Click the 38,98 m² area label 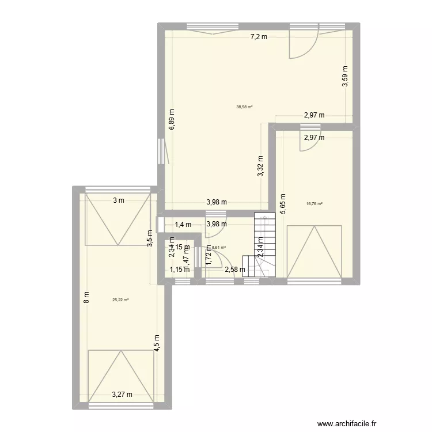click(244, 107)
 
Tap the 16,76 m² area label click(316, 203)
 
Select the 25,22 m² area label click(120, 300)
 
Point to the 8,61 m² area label click(219, 248)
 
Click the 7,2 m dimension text click(259, 37)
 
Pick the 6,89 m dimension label click(172, 120)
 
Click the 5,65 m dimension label click(282, 203)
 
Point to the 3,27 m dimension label click(122, 395)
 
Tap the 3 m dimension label click(118, 200)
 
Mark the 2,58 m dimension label click(235, 269)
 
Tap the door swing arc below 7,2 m click(301, 46)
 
